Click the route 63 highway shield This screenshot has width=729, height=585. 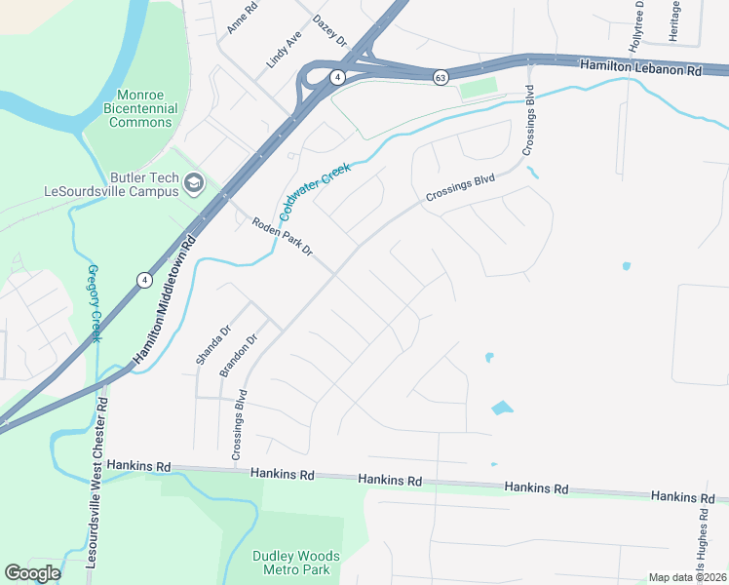441,78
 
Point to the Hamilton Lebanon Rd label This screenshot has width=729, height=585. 640,70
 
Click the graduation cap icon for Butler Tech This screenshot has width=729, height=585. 194,183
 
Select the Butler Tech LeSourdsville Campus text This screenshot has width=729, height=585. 111,183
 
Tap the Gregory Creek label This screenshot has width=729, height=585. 95,303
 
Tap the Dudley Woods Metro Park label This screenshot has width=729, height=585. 291,563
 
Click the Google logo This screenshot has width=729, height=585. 32,573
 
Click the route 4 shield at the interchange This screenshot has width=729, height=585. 336,76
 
